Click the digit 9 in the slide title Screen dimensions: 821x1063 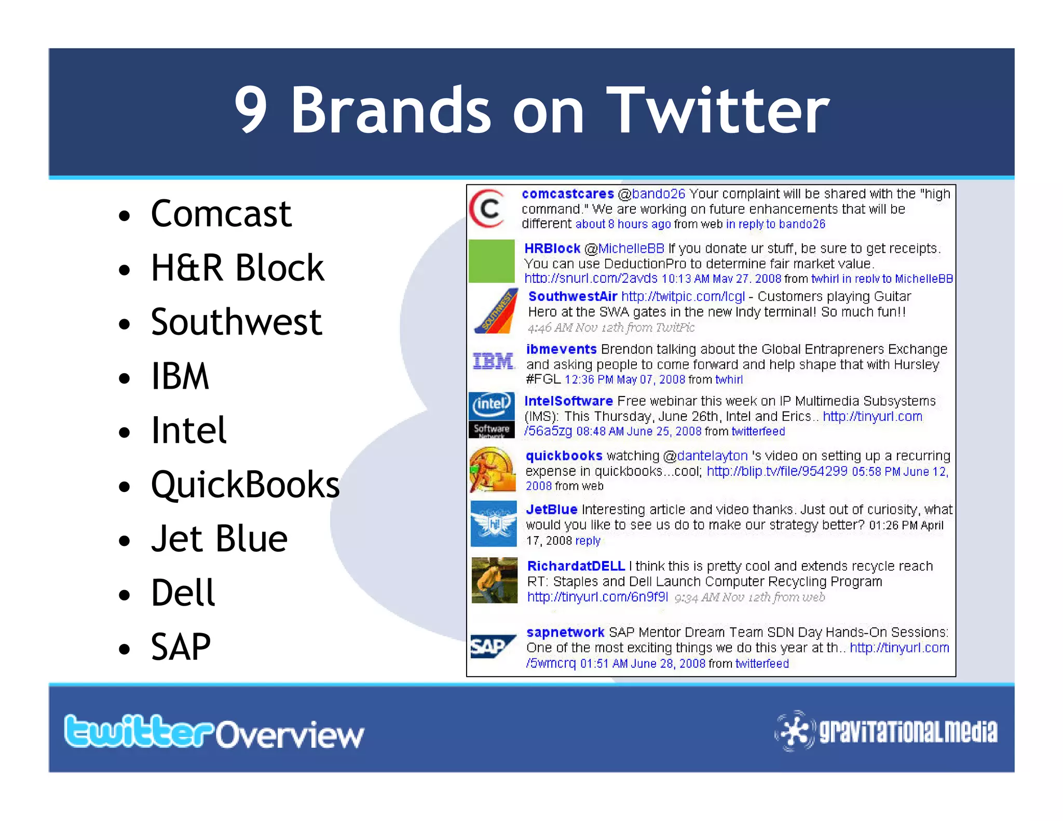251,110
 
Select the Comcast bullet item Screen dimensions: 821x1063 221,213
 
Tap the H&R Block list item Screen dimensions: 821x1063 237,268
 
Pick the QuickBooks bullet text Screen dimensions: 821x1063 245,485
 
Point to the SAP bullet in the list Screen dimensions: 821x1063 181,647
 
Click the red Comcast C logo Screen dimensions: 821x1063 487,209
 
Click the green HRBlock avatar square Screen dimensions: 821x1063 492,261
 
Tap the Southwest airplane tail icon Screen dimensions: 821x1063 497,311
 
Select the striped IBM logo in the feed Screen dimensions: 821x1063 493,361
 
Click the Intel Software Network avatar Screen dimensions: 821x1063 492,415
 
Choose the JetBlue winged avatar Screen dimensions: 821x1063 494,524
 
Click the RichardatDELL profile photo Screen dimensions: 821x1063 494,580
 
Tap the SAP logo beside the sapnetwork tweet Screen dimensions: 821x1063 492,647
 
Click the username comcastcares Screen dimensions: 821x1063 567,194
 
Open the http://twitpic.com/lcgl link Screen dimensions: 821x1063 683,297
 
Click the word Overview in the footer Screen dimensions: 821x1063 290,735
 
